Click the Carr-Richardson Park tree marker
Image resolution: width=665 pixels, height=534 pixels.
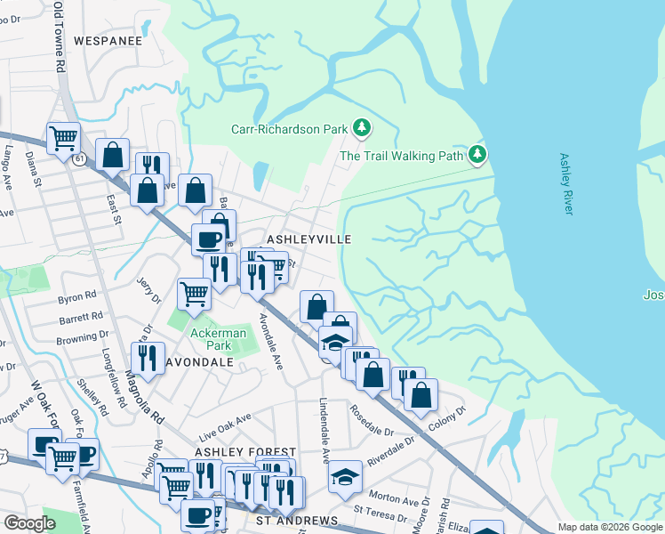[362, 129]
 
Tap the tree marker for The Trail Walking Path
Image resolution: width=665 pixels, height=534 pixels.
[478, 156]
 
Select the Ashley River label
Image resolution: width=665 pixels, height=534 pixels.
[566, 183]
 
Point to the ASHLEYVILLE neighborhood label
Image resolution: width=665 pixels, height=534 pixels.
[310, 239]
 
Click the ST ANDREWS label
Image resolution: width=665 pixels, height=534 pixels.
[296, 520]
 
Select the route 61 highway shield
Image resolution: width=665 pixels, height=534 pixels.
[80, 158]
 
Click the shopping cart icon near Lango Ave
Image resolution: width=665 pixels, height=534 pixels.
[63, 139]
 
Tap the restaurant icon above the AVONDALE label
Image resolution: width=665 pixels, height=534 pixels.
[147, 358]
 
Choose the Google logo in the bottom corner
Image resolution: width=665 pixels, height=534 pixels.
[29, 523]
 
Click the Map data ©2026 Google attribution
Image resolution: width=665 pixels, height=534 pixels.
[610, 527]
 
